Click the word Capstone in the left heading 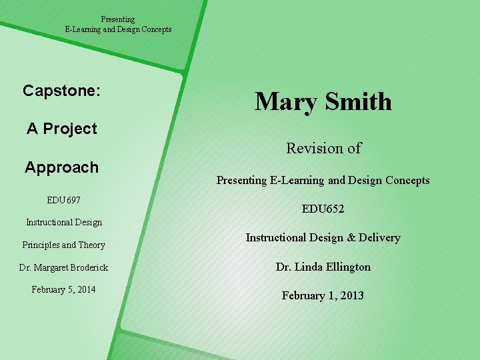[59, 91]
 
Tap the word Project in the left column [70, 129]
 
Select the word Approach [61, 167]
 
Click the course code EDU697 [63, 199]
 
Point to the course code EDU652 [323, 209]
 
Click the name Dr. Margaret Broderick [64, 267]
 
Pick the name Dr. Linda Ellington [323, 267]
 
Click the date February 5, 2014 [63, 289]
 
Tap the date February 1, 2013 [323, 295]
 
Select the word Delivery [378, 237]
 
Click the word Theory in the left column [93, 245]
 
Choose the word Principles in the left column [43, 245]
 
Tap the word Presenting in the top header [118, 19]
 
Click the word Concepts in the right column [408, 180]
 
